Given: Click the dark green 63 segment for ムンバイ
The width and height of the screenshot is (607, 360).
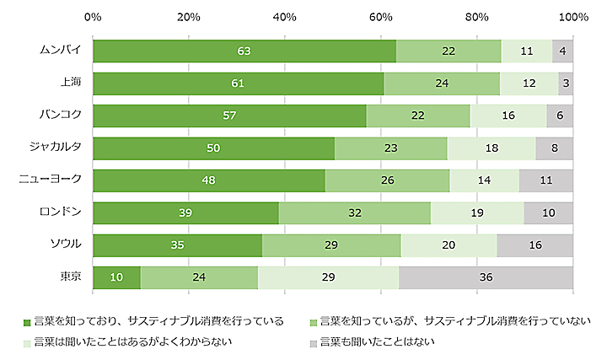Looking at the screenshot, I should click(244, 51).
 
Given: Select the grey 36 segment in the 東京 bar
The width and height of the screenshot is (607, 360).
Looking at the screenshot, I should click(486, 277).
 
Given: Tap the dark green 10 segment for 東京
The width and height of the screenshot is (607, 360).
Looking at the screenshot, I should click(116, 277).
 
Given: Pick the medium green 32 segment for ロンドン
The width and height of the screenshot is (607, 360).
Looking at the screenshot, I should click(354, 213).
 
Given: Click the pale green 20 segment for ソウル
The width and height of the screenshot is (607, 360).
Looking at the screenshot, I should click(449, 245).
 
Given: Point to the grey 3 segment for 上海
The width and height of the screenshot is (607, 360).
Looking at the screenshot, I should click(566, 83).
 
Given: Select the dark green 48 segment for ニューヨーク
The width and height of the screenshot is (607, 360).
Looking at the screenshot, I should click(209, 180).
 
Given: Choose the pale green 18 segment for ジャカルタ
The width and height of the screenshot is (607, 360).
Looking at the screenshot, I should click(492, 148).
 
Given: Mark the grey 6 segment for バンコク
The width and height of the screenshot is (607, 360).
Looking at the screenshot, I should click(560, 116).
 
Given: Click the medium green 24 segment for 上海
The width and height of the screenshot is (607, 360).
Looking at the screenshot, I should click(442, 83).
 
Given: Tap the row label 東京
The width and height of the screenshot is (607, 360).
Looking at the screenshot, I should click(70, 276).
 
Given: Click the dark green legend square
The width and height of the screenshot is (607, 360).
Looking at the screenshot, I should click(27, 321).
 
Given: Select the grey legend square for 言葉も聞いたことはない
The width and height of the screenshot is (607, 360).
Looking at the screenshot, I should click(314, 342).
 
